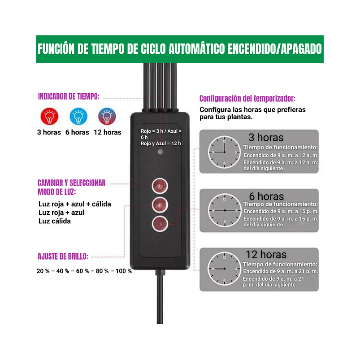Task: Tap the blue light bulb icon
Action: (78, 117)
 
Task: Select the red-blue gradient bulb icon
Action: (107, 117)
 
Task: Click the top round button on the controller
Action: (160, 186)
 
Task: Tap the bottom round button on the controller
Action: (160, 223)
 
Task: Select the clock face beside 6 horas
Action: (224, 210)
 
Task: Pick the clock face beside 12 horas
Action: (224, 269)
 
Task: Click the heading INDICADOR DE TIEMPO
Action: (69, 96)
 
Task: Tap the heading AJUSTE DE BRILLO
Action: (63, 257)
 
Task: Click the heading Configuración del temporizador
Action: (247, 99)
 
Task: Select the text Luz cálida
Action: (55, 221)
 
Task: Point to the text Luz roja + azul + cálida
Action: (75, 204)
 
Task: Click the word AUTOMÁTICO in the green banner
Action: (196, 49)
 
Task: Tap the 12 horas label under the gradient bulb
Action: (108, 132)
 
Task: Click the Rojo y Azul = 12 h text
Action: (160, 143)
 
